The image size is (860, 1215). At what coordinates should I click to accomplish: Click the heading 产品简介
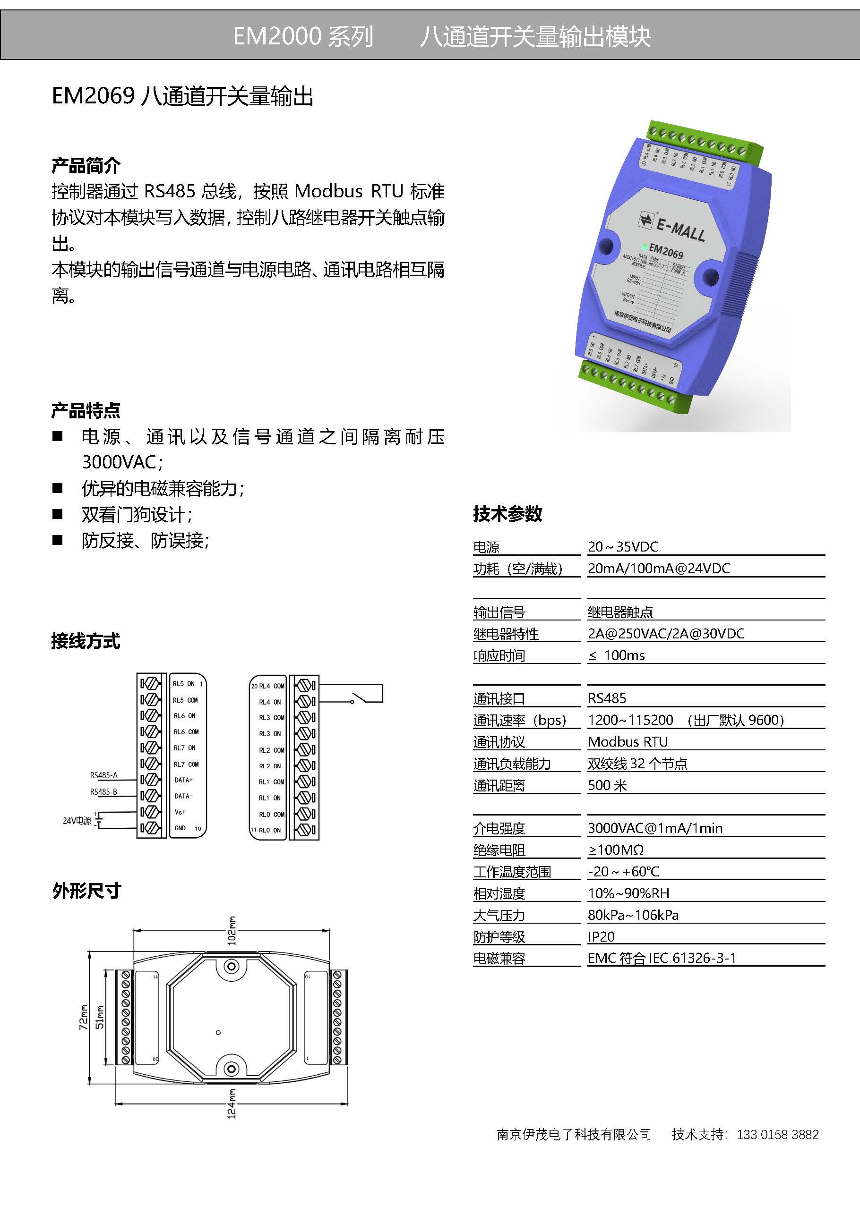(86, 166)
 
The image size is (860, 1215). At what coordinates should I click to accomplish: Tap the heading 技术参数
(507, 514)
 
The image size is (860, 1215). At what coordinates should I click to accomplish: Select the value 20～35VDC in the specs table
(623, 547)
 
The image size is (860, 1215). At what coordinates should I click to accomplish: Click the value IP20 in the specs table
(601, 937)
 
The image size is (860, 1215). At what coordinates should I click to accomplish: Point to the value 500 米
(607, 785)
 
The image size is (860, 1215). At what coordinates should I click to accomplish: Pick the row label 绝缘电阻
(499, 850)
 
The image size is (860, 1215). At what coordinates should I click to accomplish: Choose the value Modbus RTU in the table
(628, 741)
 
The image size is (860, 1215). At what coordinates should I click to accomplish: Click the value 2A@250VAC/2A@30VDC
(666, 633)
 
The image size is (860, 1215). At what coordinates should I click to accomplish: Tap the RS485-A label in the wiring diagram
(104, 775)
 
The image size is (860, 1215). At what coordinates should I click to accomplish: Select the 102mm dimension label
(232, 930)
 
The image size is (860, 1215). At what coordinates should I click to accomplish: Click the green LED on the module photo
(645, 246)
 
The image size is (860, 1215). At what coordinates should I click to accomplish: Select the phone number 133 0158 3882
(777, 1134)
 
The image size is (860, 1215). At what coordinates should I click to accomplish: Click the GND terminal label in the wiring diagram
(180, 828)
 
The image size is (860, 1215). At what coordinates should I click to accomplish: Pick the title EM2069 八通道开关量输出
(183, 96)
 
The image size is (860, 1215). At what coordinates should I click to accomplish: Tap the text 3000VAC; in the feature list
(122, 462)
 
